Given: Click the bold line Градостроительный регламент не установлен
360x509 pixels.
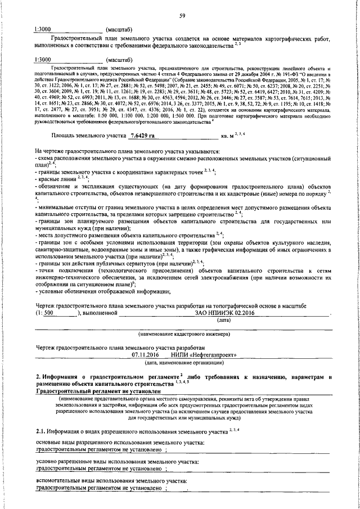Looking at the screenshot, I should tap(98, 390).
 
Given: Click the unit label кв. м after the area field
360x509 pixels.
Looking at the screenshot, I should tap(228, 137).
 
